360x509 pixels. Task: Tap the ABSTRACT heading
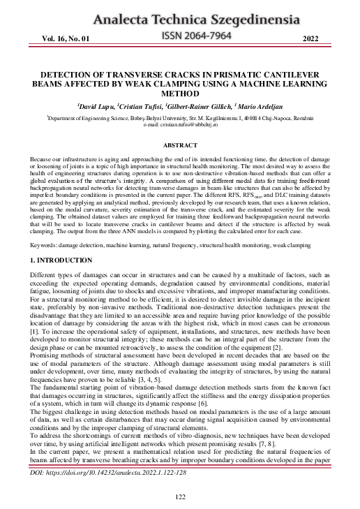click(x=179, y=146)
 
